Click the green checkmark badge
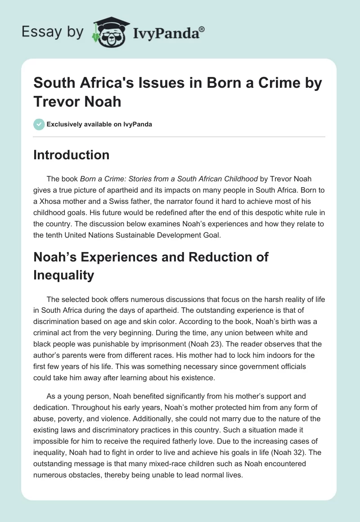(x=39, y=124)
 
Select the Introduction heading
(x=72, y=155)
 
